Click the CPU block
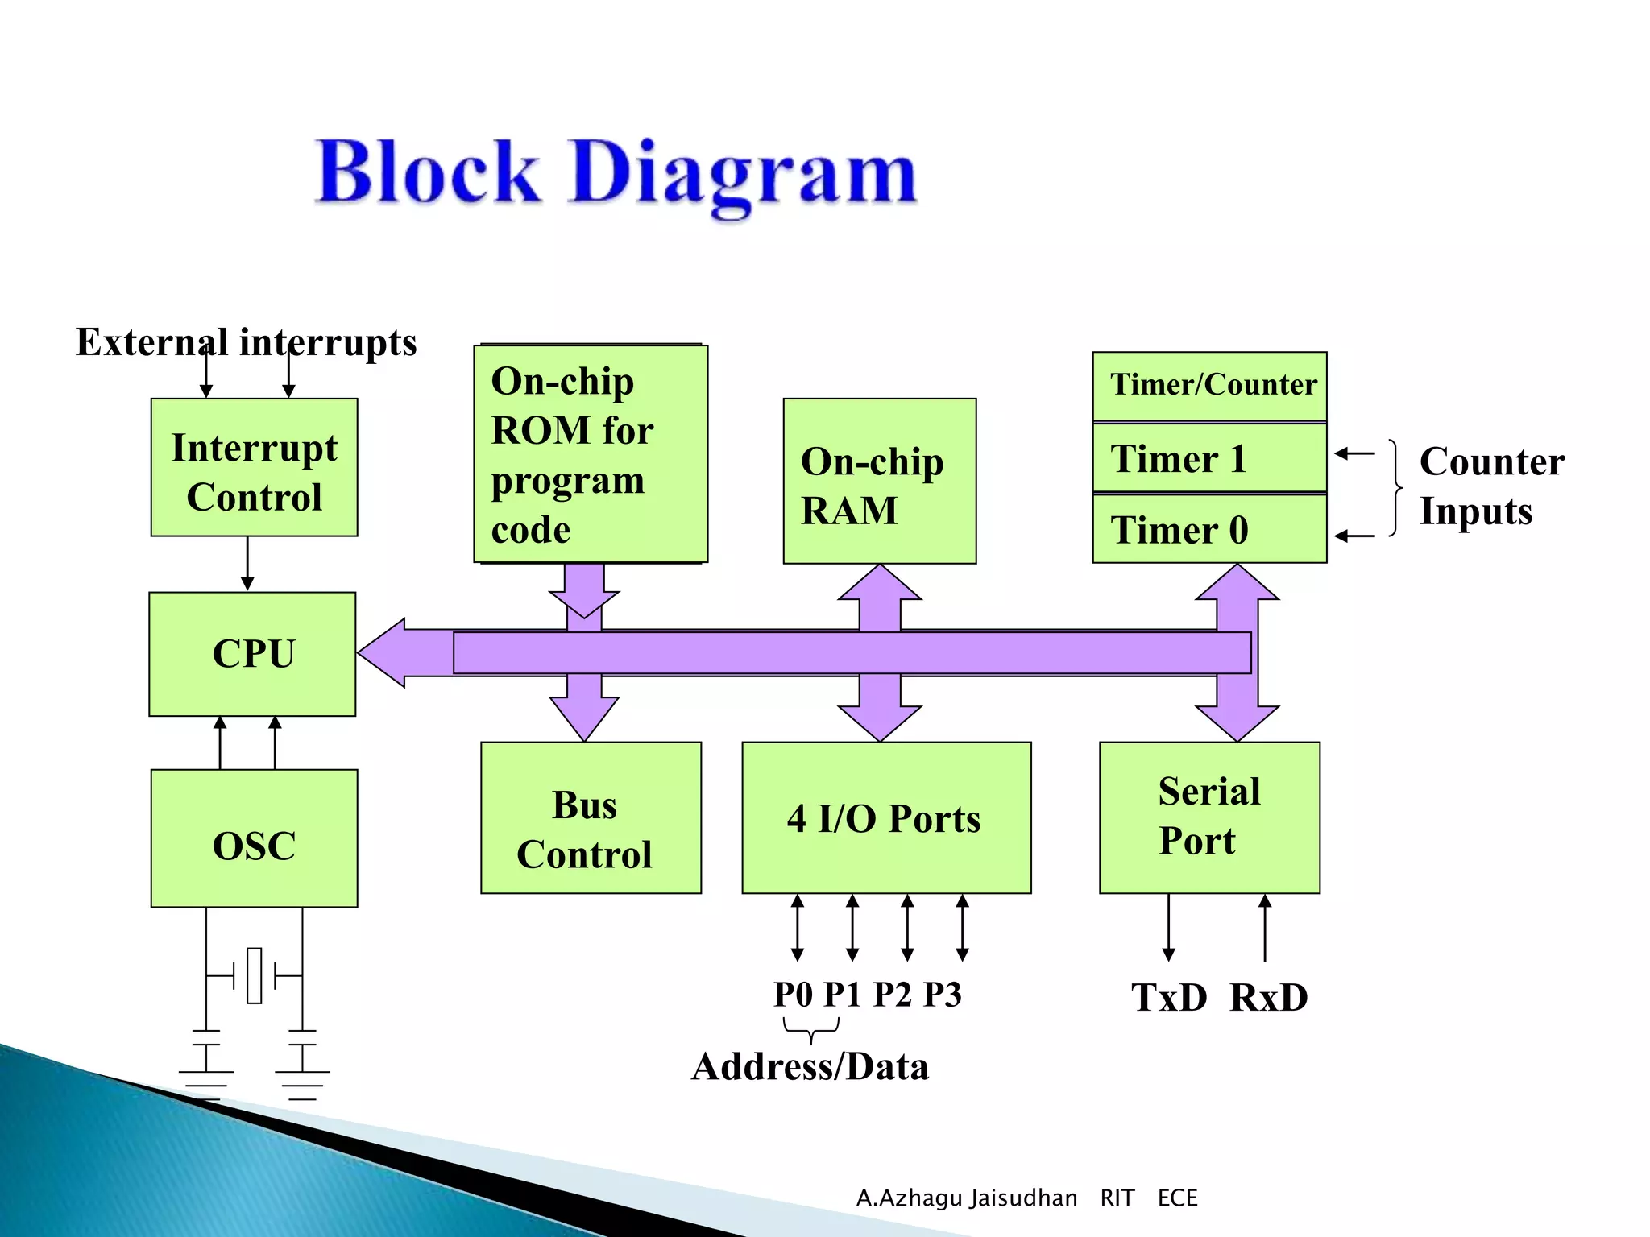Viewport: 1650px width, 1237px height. pos(252,654)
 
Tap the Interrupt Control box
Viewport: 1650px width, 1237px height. pos(254,467)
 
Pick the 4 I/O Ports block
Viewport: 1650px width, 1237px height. pos(885,817)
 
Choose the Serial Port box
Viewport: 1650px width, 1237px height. pos(1208,817)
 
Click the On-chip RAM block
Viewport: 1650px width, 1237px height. pos(879,481)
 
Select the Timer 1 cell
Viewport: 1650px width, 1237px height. pos(1208,457)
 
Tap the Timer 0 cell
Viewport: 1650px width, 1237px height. pos(1208,529)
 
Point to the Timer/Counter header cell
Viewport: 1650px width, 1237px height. pos(1208,386)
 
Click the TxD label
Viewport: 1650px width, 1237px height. pos(1169,998)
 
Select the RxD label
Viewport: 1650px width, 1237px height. pos(1269,998)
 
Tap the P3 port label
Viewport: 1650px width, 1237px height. pos(942,995)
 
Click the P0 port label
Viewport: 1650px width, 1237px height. pos(794,995)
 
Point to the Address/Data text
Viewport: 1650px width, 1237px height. pos(810,1067)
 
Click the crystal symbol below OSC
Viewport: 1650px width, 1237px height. pos(255,975)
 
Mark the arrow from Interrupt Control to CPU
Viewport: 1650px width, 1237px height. pos(247,564)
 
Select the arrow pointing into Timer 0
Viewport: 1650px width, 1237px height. pos(1354,536)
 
